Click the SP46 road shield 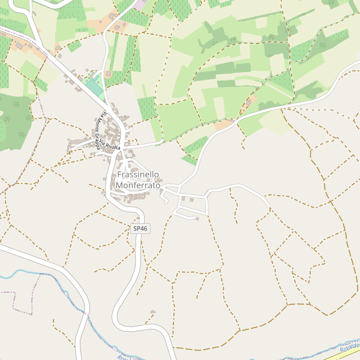click(140, 229)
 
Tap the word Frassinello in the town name click(139, 175)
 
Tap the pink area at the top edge click(139, 4)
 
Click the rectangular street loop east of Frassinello click(193, 204)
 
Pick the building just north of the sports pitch click(109, 74)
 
